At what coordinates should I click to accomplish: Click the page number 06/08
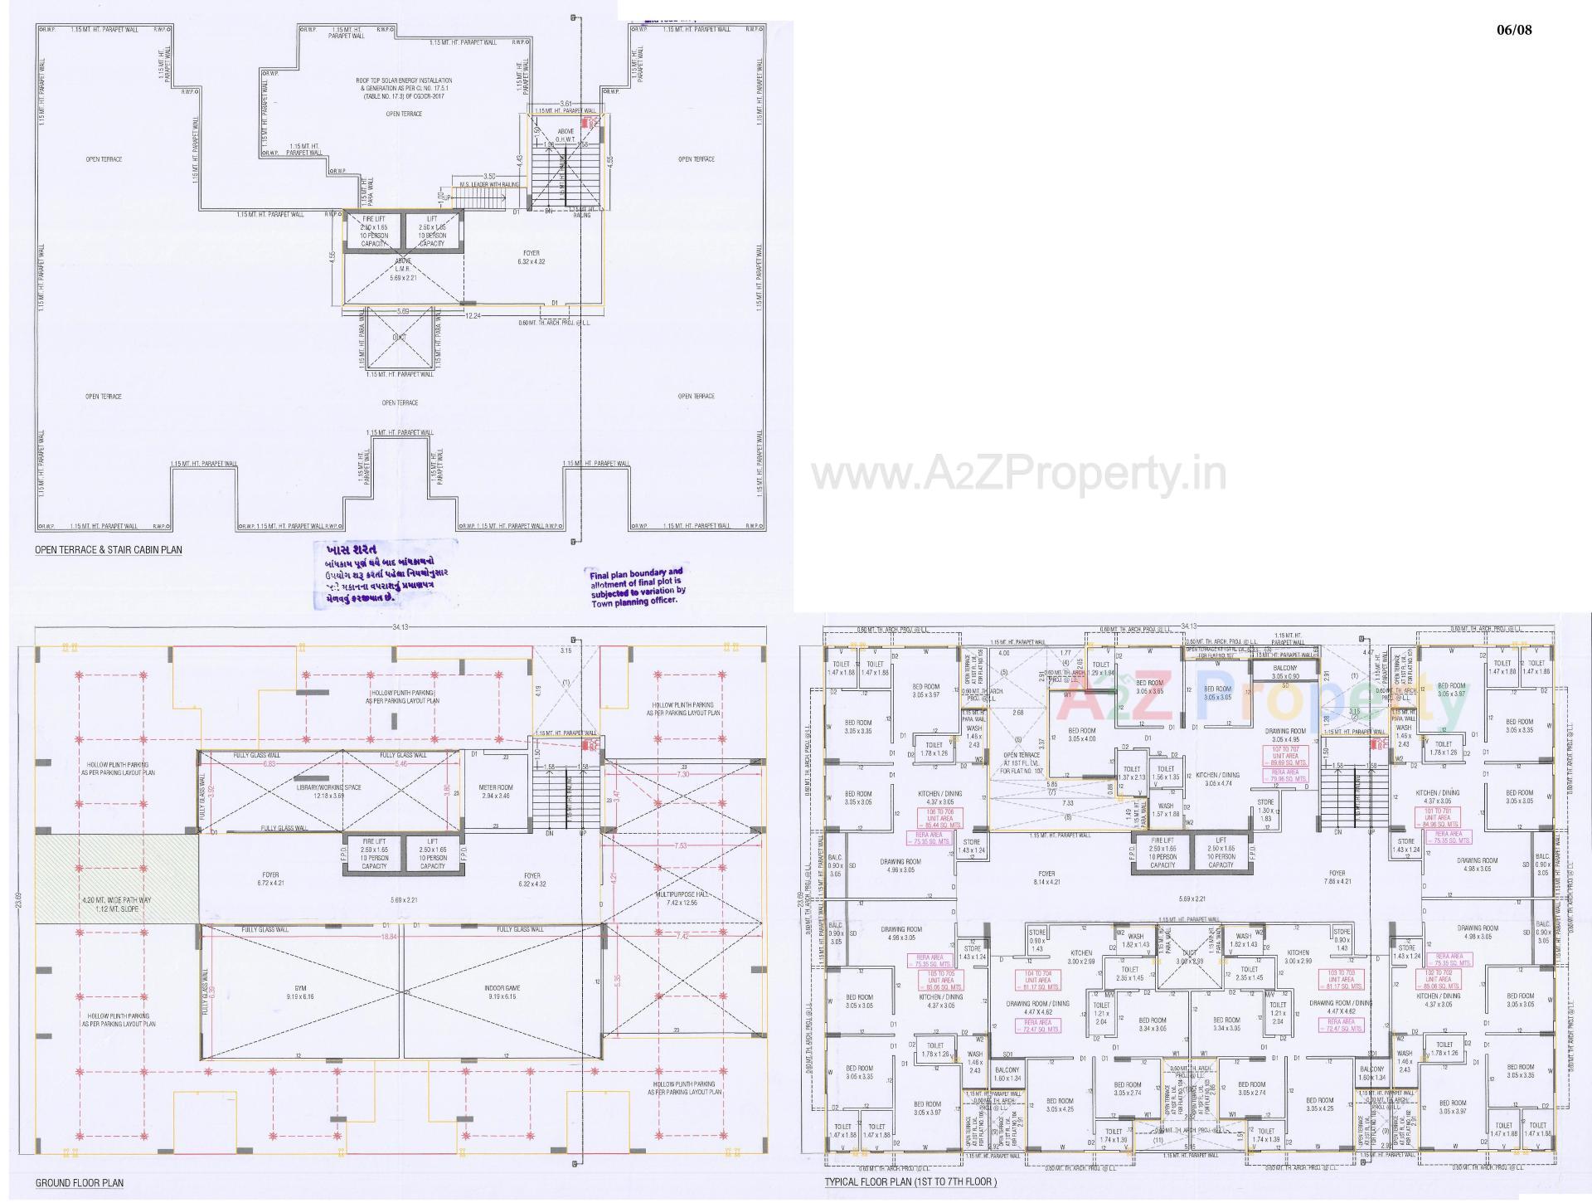click(x=1514, y=30)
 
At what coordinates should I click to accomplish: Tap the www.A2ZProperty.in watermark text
click(x=1018, y=475)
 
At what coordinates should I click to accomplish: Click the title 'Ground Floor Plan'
click(x=79, y=1182)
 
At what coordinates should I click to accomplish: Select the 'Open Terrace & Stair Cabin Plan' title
click(x=108, y=549)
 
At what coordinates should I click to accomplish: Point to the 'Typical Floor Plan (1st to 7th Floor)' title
click(x=910, y=1181)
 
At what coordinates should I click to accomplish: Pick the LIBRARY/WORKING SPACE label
click(x=329, y=791)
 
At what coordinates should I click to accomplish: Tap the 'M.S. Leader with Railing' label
click(x=489, y=185)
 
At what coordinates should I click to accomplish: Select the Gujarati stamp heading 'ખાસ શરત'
click(x=352, y=551)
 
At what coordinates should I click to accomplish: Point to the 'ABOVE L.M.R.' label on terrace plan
click(x=403, y=270)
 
